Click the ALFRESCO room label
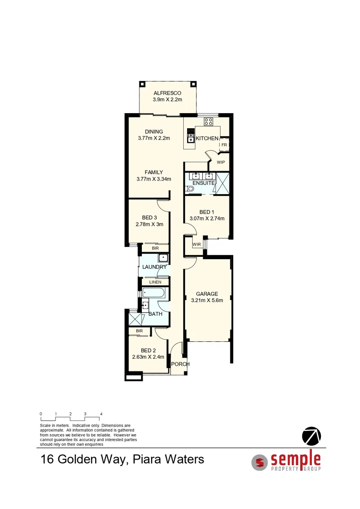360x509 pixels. coord(167,93)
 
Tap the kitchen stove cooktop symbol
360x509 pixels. coord(208,121)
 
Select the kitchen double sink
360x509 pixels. coord(191,136)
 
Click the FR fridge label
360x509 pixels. coord(224,145)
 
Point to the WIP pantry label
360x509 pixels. coord(221,162)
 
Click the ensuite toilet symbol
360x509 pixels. coord(190,189)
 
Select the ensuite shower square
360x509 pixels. coord(222,183)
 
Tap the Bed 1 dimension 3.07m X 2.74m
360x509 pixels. coord(206,218)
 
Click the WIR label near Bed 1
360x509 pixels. coord(196,244)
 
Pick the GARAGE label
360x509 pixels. coord(207,294)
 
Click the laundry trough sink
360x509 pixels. coord(163,258)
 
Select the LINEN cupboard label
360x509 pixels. coord(155,282)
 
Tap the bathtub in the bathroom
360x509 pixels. coord(154,293)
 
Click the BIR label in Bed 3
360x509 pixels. coord(155,248)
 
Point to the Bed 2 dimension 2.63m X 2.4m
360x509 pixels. coord(148,357)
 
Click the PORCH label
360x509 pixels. coord(180,364)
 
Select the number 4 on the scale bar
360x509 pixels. coord(101,414)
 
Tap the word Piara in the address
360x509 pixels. coord(148,459)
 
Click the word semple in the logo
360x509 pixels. coord(295,458)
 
